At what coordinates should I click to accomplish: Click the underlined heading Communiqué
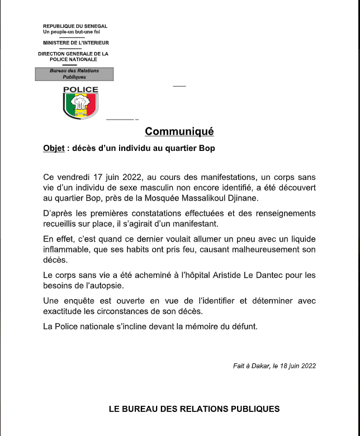(x=179, y=132)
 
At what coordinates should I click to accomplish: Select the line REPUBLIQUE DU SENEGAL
(x=75, y=26)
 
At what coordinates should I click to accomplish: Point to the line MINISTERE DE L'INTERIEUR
(x=75, y=43)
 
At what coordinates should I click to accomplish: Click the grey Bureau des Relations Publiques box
(x=74, y=74)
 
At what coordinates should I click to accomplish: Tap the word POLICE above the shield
(x=80, y=89)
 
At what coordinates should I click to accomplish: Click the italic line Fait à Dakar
(x=274, y=366)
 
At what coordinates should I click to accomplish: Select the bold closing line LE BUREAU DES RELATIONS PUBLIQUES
(x=194, y=409)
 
